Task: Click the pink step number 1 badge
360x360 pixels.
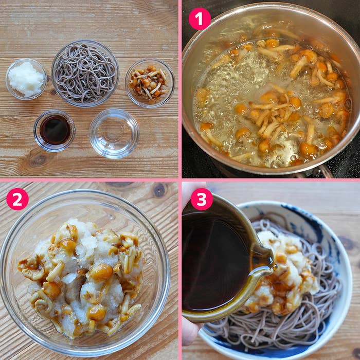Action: point(200,19)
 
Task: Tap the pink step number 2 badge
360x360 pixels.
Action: point(17,199)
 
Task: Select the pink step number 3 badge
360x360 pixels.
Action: point(202,199)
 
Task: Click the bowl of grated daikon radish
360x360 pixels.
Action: point(26,79)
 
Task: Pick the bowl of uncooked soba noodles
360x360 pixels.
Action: point(85,73)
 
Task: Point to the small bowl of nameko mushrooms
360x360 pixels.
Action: point(150,83)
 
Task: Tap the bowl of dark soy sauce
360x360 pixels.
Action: point(55,131)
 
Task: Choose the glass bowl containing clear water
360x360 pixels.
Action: point(114,133)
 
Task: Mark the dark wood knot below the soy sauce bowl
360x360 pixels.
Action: point(39,159)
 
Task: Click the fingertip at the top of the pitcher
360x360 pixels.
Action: point(192,191)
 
